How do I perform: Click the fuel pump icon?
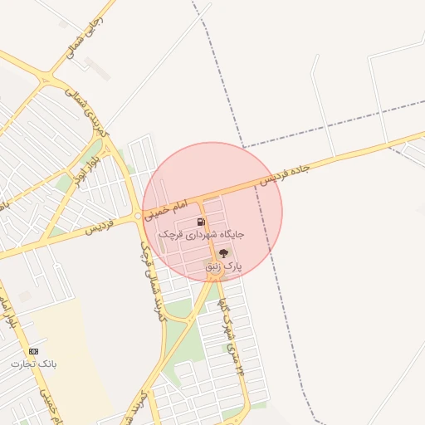(202, 222)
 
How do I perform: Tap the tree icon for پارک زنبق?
(222, 252)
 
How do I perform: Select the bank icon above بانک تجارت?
(33, 351)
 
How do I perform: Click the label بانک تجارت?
(33, 364)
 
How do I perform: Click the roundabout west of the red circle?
(137, 217)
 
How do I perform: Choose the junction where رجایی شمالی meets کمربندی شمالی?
(47, 80)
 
